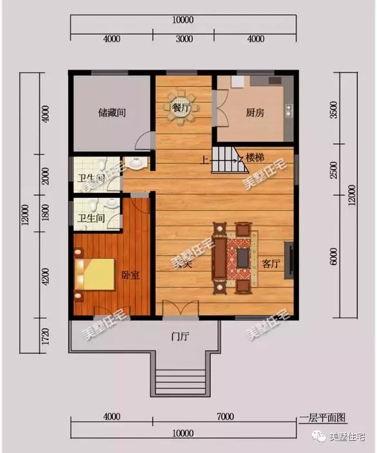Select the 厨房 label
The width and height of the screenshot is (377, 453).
pyautogui.click(x=255, y=112)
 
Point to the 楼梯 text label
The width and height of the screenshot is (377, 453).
pyautogui.click(x=254, y=158)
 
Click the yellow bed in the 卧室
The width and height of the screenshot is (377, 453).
pyautogui.click(x=98, y=274)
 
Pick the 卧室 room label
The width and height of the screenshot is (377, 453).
pyautogui.click(x=131, y=274)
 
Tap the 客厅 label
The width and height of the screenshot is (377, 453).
pyautogui.click(x=270, y=264)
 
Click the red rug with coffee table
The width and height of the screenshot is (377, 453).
pyautogui.click(x=243, y=257)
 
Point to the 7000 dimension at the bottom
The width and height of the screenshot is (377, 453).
pyautogui.click(x=224, y=417)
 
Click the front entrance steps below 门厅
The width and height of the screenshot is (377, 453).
pyautogui.click(x=180, y=377)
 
